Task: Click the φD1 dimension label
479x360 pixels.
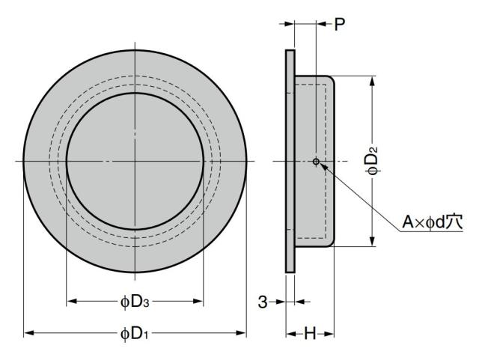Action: [135, 333]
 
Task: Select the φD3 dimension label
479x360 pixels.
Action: [135, 302]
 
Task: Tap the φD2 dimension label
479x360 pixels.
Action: [373, 161]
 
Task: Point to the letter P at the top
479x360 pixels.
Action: [339, 24]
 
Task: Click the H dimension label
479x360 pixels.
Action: [310, 333]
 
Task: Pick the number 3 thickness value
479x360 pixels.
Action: [263, 302]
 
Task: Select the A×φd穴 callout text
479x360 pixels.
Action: [433, 222]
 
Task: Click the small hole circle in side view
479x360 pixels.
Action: [316, 161]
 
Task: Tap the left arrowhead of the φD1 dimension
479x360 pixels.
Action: [28, 333]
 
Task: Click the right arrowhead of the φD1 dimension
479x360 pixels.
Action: [241, 333]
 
